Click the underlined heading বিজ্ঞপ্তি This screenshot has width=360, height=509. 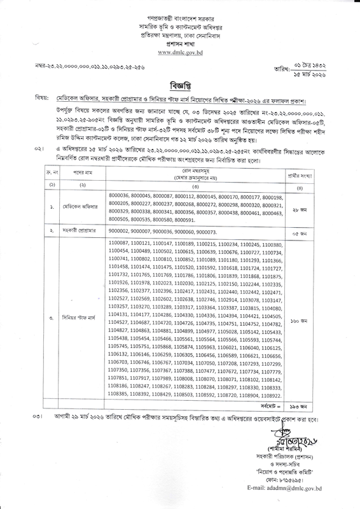click(179, 85)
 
